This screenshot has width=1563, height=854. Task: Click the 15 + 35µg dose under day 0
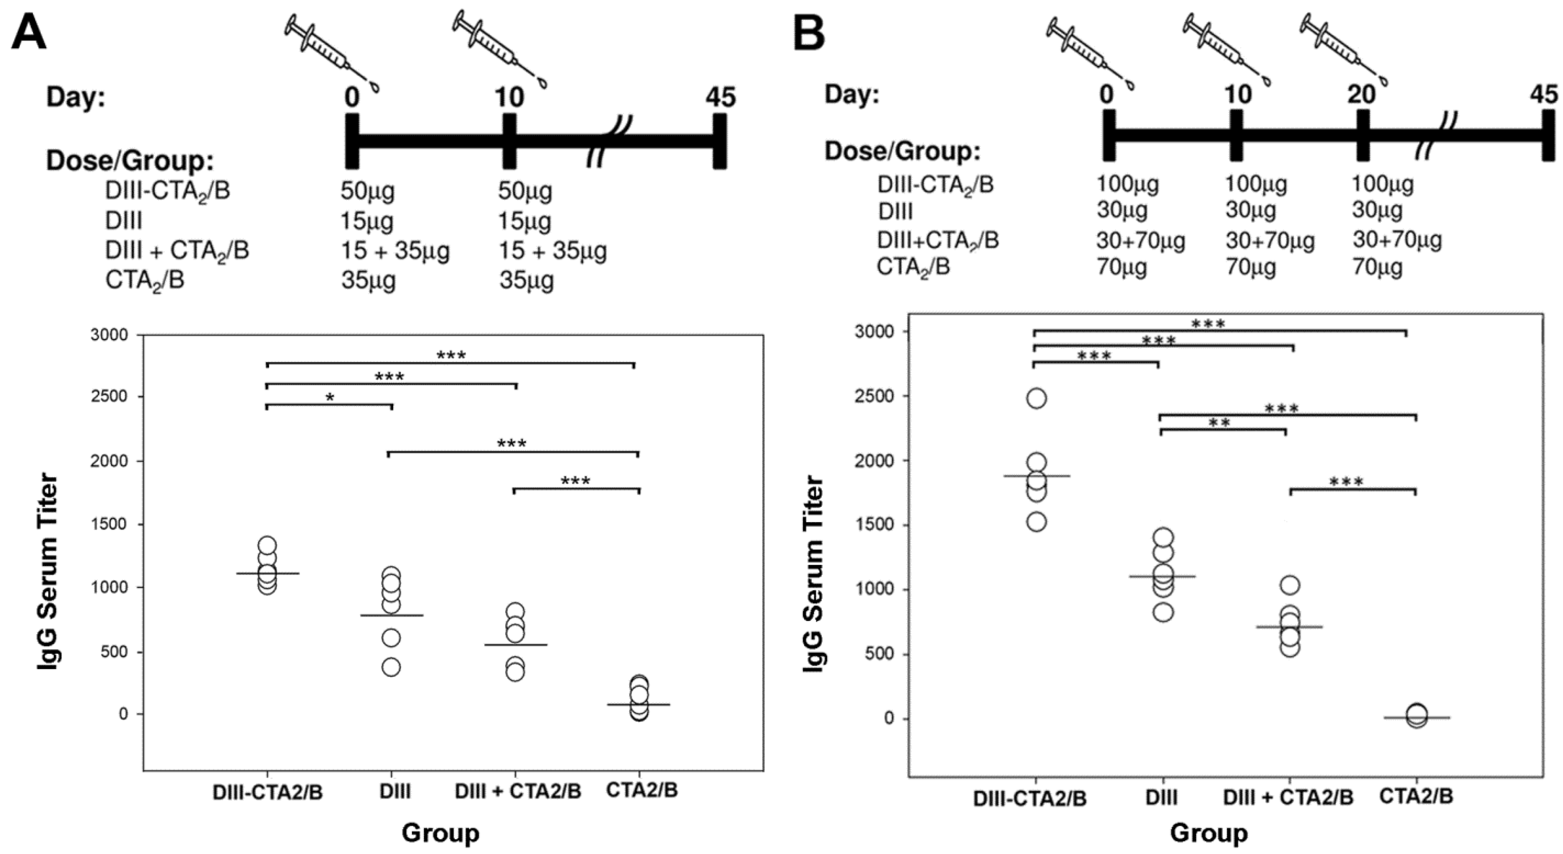395,251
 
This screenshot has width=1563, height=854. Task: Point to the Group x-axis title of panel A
440,833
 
